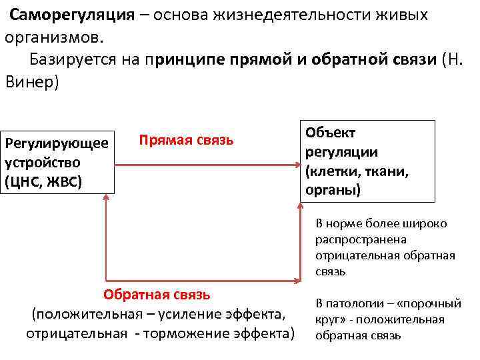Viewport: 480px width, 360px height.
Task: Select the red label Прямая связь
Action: (x=186, y=141)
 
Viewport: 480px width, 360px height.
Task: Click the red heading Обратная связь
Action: (x=157, y=294)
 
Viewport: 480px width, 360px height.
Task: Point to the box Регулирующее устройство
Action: (x=57, y=162)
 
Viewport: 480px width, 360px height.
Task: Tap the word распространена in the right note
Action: (x=361, y=239)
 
